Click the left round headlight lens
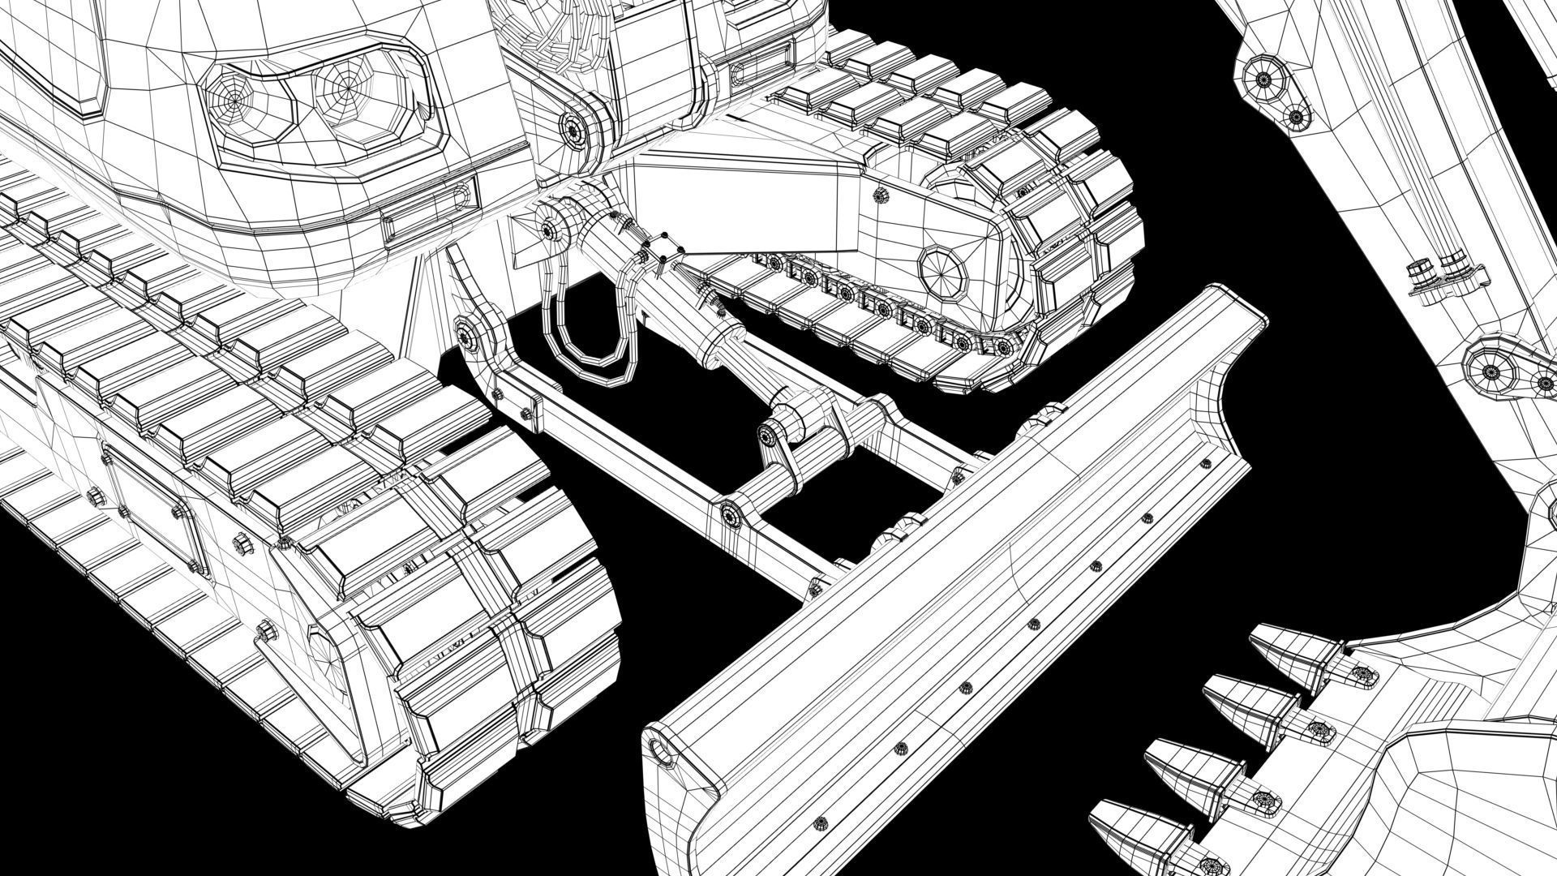(x=237, y=101)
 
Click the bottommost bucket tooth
(x=1131, y=844)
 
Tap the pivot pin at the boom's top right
(x=1263, y=79)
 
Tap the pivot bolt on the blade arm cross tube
(x=732, y=514)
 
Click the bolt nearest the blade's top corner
(x=1204, y=464)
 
